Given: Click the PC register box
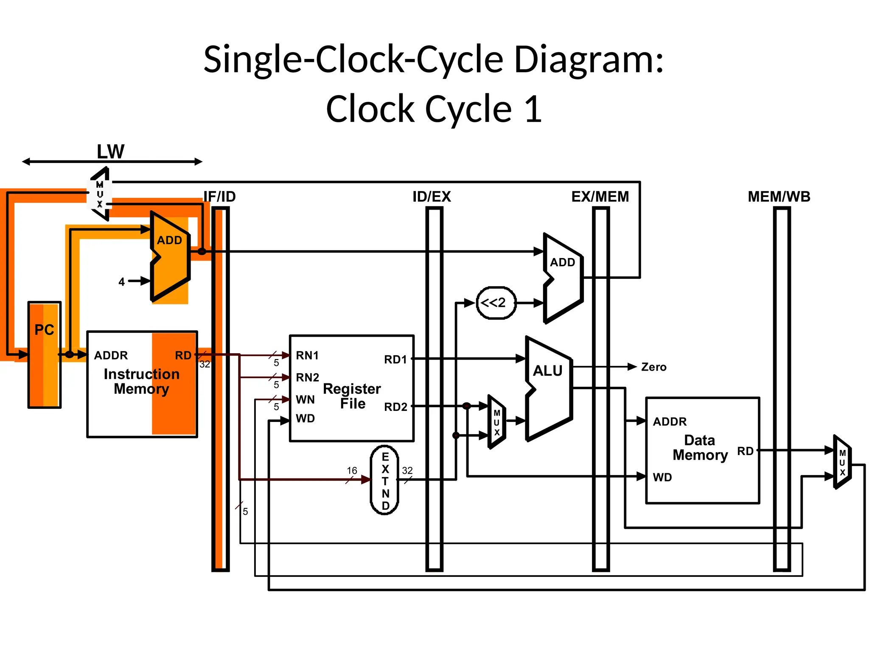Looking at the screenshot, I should point(44,354).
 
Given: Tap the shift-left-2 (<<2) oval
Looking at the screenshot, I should point(496,303).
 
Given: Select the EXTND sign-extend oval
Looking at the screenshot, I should point(384,480).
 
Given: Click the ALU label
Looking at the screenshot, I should point(547,371).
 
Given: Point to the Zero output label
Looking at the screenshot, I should point(653,367).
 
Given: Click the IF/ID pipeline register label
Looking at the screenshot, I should point(219,197).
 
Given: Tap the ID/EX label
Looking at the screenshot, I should point(432,197).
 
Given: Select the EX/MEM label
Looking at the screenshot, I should point(600,197).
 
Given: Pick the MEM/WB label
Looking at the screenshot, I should point(779,197).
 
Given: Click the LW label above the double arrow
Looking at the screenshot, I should point(110,152).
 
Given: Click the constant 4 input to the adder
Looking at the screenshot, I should point(122,282).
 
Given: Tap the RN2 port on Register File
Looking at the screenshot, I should point(307,377).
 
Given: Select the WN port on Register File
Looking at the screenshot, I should point(305,399).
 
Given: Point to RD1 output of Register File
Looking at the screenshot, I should point(395,360).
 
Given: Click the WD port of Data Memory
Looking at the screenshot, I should point(662,477).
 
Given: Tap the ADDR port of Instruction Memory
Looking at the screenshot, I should point(111,355).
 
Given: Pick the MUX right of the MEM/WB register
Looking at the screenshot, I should point(842,462).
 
